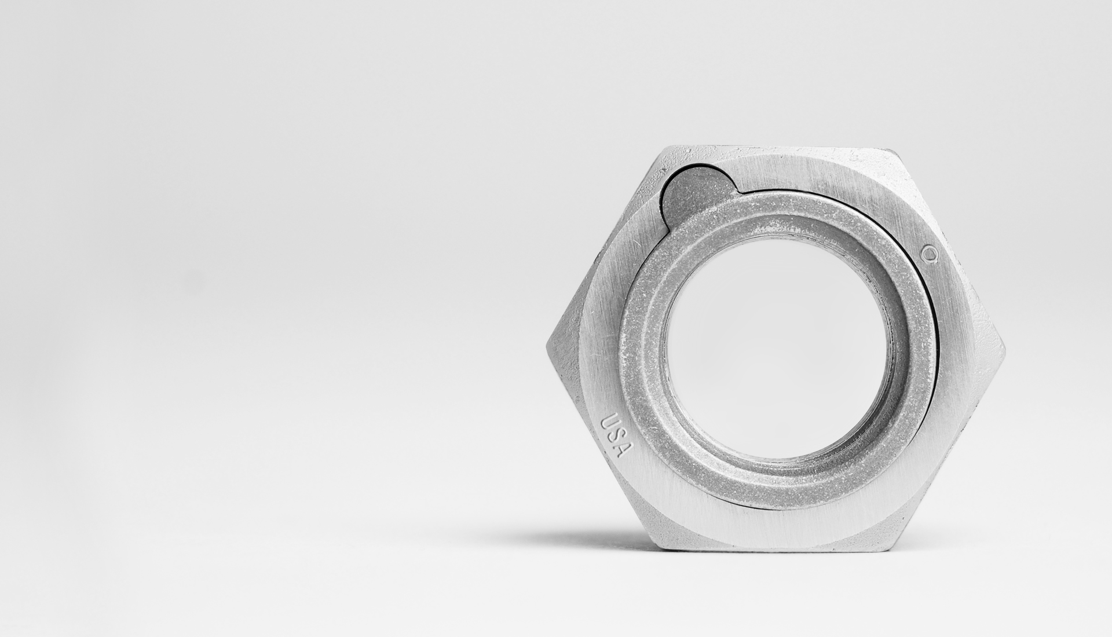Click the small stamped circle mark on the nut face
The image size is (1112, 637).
[930, 253]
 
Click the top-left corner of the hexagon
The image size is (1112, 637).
[664, 148]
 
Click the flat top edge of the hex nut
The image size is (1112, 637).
[776, 148]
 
